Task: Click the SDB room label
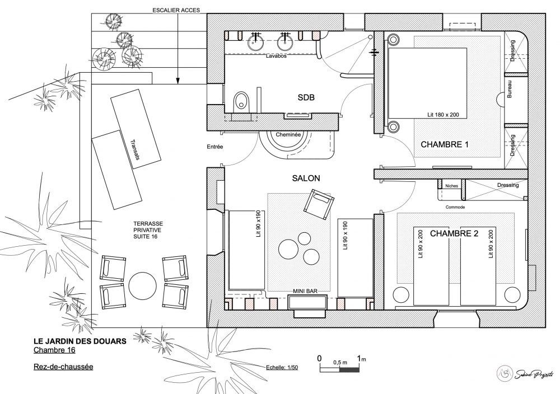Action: [x=306, y=97]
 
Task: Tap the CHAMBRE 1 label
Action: [x=444, y=144]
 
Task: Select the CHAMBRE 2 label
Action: [x=454, y=233]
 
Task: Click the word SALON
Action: [x=306, y=178]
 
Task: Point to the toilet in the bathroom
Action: [x=240, y=102]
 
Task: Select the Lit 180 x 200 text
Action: [x=443, y=115]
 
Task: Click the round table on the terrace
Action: [x=142, y=285]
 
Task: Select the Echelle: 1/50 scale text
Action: [x=283, y=368]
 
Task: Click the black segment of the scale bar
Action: [x=349, y=369]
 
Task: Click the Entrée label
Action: [x=214, y=147]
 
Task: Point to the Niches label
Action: [x=451, y=186]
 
